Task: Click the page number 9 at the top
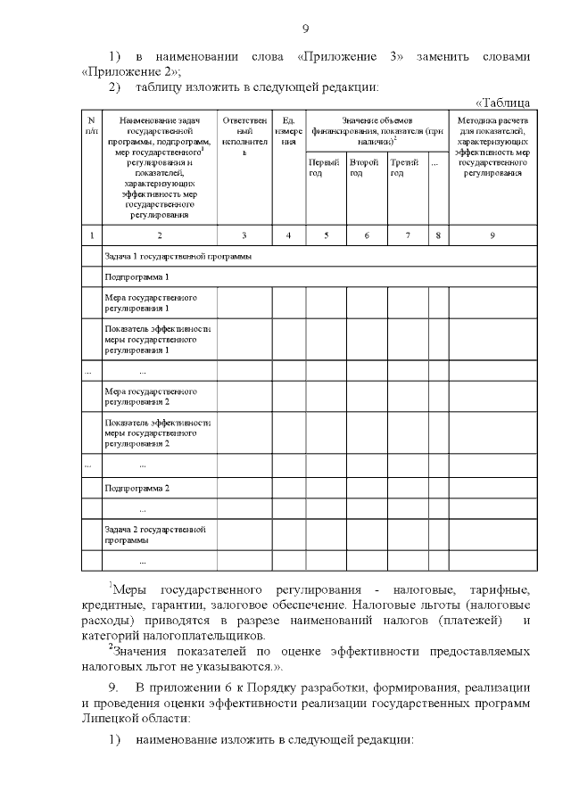click(304, 28)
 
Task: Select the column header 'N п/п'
click(91, 125)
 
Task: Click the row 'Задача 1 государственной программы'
click(177, 256)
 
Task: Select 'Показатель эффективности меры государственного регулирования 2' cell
click(157, 432)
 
